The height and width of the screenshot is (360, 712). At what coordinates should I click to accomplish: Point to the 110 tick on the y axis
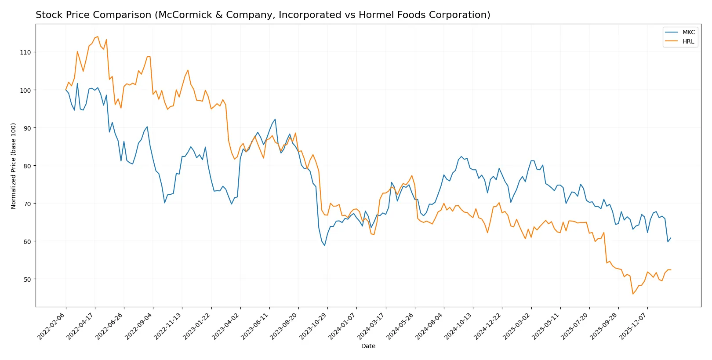click(x=25, y=52)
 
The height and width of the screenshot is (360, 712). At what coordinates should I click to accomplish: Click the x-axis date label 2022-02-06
click(x=52, y=326)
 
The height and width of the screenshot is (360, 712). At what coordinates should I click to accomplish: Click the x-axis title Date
click(x=368, y=346)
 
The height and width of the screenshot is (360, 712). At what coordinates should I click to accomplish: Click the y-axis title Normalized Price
click(x=14, y=166)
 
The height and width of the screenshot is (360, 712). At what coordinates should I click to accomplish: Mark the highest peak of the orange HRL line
click(x=98, y=36)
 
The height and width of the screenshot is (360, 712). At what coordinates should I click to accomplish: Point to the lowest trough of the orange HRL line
click(x=633, y=294)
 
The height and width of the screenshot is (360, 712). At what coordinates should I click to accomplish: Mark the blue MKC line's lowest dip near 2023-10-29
click(x=325, y=245)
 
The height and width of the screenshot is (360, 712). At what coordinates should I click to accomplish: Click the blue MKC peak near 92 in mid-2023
click(x=275, y=119)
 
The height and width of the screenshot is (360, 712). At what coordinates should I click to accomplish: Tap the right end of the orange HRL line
click(x=671, y=270)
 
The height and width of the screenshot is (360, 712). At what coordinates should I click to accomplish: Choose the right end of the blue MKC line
click(x=671, y=238)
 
